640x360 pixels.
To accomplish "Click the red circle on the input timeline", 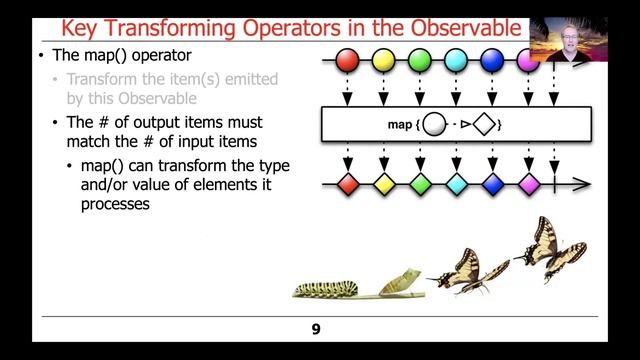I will (347, 61).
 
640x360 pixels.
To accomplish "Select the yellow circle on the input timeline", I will (383, 61).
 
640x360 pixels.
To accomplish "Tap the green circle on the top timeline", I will (420, 61).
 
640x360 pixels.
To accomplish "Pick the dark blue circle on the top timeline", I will (492, 61).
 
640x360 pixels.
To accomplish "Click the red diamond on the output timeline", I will (347, 184).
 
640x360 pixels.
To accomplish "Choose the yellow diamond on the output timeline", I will (383, 184).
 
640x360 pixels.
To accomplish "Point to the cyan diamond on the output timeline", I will (456, 184).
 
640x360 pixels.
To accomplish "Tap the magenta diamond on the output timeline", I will (529, 184).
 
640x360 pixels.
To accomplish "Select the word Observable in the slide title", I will (465, 27).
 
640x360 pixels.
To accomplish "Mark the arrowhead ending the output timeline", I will (585, 184).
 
